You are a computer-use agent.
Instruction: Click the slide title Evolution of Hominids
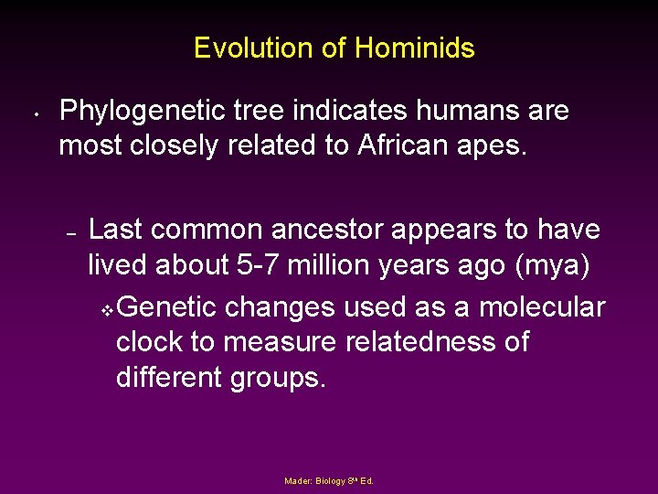point(334,48)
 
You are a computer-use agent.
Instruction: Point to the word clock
point(151,341)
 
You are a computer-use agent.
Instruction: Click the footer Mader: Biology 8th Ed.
point(329,480)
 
